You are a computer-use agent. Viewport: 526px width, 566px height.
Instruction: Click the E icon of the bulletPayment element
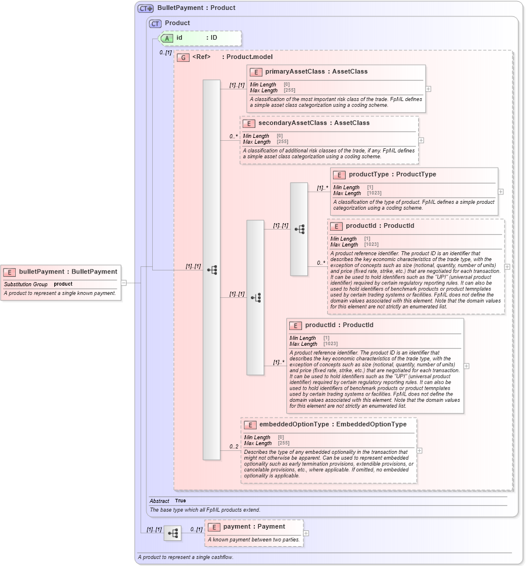coord(10,272)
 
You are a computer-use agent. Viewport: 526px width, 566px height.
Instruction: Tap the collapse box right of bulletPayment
coord(124,283)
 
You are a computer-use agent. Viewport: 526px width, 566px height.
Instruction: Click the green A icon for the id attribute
coord(167,38)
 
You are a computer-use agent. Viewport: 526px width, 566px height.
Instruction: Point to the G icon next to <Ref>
coord(183,57)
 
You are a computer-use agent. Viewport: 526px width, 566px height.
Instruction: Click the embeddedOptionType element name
coord(294,425)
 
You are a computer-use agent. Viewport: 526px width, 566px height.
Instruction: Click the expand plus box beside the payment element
coord(306,533)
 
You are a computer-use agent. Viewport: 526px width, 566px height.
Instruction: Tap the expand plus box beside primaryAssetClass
coord(429,89)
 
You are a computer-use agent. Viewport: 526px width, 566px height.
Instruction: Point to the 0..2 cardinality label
coord(234,447)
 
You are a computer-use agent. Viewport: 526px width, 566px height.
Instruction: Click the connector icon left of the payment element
coord(173,533)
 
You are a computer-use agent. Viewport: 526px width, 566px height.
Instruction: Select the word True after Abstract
coord(180,501)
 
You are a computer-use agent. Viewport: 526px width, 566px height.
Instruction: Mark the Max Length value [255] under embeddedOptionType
coord(283,443)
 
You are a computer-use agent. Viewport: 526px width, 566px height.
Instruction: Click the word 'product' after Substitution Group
coord(63,284)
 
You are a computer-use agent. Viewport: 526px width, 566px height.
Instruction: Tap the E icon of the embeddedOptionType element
coord(250,425)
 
